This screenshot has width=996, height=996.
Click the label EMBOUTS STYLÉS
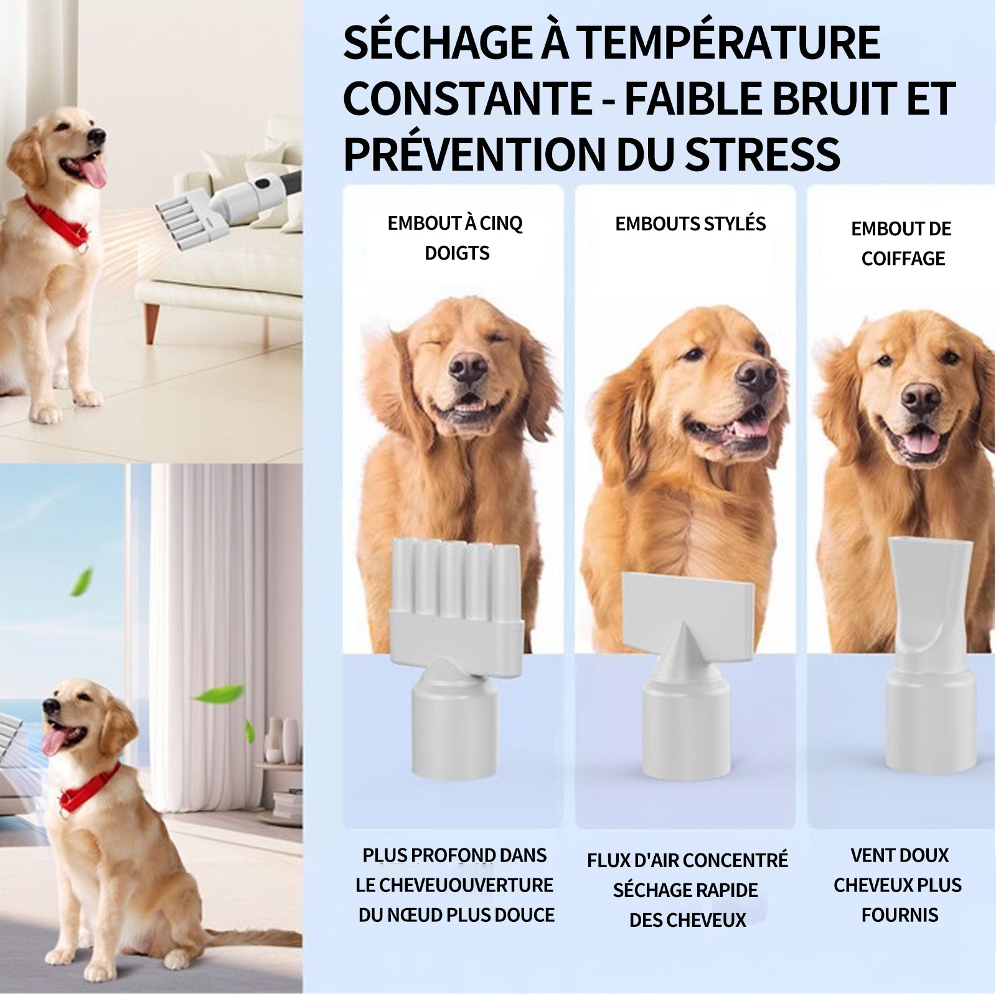[x=690, y=224]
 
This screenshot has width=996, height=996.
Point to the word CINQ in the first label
[x=500, y=223]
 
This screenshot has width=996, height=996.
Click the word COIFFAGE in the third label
[x=903, y=258]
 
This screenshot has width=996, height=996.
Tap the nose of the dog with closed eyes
[x=467, y=367]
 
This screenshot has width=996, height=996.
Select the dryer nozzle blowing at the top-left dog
[x=181, y=218]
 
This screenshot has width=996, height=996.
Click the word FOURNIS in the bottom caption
[x=900, y=915]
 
